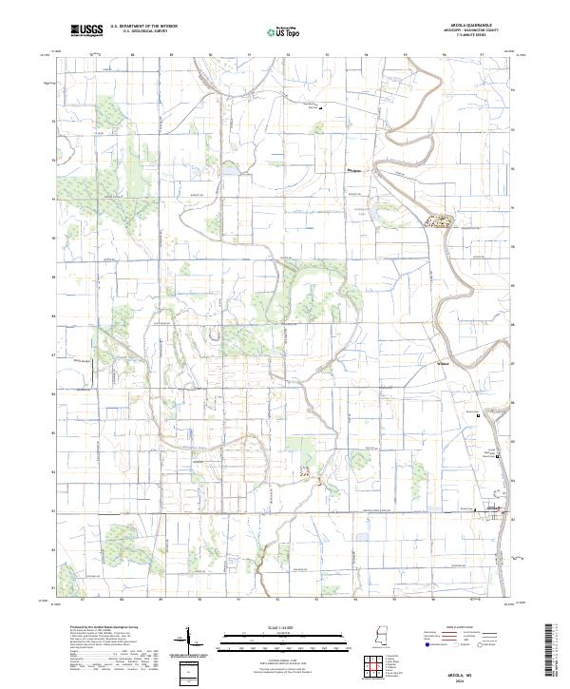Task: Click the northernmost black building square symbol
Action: [320, 108]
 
